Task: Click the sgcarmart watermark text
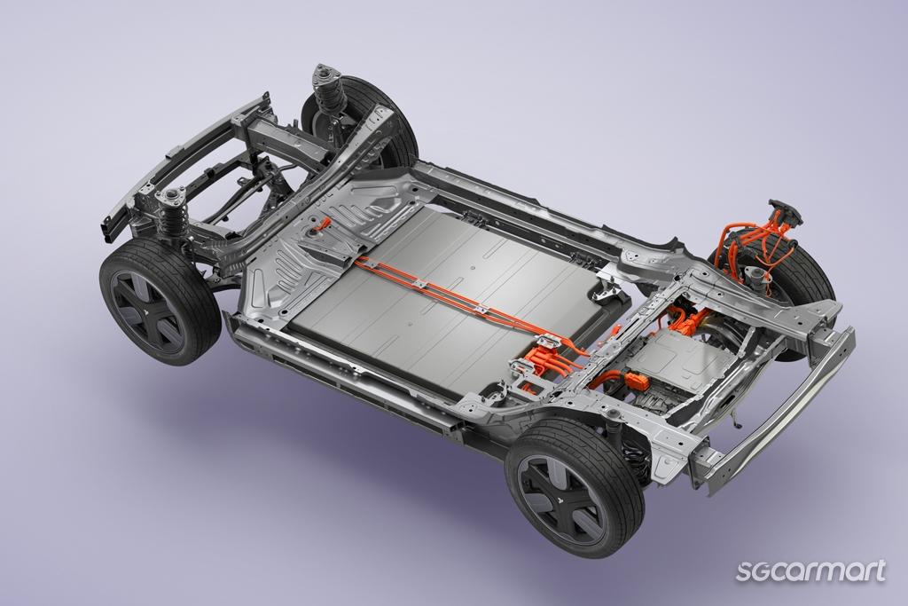pos(810,571)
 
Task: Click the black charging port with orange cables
pos(786,215)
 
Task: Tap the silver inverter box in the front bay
pos(679,354)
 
